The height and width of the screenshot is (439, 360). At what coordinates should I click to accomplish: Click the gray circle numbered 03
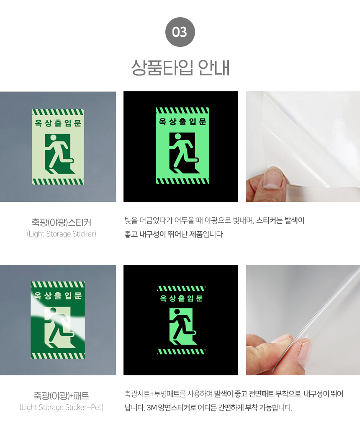(x=180, y=32)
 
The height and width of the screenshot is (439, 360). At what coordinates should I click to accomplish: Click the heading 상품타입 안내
(x=180, y=68)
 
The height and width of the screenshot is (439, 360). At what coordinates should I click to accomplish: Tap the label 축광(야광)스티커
(x=61, y=222)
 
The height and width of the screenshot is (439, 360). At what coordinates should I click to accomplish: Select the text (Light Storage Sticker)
(x=61, y=234)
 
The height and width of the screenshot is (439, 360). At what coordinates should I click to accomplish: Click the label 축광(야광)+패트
(x=61, y=395)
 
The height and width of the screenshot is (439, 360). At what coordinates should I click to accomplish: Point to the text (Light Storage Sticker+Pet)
(x=61, y=407)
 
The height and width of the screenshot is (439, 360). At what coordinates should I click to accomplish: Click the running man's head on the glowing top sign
(x=177, y=137)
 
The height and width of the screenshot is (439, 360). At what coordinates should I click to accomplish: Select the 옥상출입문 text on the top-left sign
(x=58, y=123)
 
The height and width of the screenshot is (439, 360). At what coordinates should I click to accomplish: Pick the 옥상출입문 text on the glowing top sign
(x=183, y=121)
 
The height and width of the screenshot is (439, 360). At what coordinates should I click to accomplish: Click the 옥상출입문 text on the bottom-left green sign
(x=58, y=295)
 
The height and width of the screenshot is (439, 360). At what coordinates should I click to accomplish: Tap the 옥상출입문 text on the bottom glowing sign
(x=181, y=298)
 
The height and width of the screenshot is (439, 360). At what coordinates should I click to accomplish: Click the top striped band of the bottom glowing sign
(x=181, y=288)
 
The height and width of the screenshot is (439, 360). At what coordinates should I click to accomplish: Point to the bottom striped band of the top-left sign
(x=58, y=181)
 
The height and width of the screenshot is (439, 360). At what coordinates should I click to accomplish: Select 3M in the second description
(x=152, y=408)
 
